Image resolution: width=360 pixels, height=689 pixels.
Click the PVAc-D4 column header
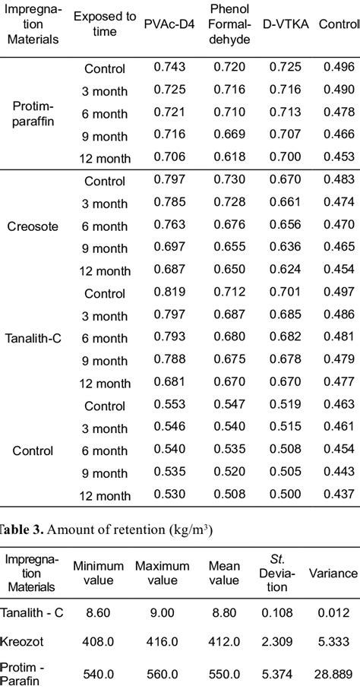pyautogui.click(x=166, y=29)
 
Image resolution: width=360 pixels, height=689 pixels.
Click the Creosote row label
pyautogui.click(x=32, y=226)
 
